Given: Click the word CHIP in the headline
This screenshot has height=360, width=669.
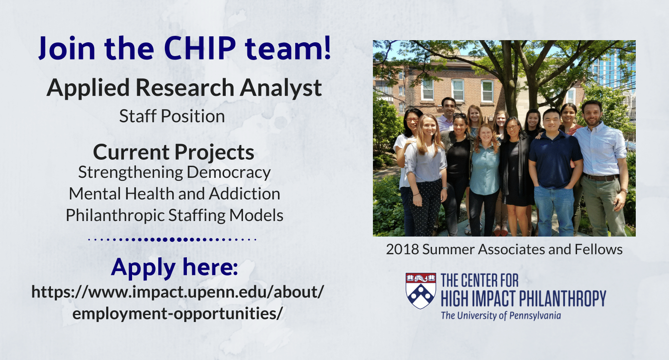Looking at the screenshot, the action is [200, 47].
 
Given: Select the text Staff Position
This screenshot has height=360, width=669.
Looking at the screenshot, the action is [172, 116].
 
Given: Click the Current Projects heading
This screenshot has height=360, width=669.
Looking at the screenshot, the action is [174, 152].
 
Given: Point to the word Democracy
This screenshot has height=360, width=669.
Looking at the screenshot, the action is [228, 173].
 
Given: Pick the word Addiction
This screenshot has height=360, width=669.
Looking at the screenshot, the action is [244, 193].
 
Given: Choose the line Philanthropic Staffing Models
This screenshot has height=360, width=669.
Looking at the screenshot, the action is [174, 215].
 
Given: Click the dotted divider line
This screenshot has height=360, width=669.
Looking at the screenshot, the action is [172, 239].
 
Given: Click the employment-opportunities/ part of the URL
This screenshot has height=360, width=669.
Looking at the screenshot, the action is [177, 314].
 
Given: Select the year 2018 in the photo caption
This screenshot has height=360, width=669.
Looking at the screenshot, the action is [402, 249].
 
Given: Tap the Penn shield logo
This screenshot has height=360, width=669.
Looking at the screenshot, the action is [420, 291].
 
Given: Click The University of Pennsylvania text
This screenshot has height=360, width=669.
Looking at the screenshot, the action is [501, 316].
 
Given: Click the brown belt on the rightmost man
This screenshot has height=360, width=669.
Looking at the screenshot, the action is [601, 177].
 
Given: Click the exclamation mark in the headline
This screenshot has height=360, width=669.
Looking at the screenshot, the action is [327, 47].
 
